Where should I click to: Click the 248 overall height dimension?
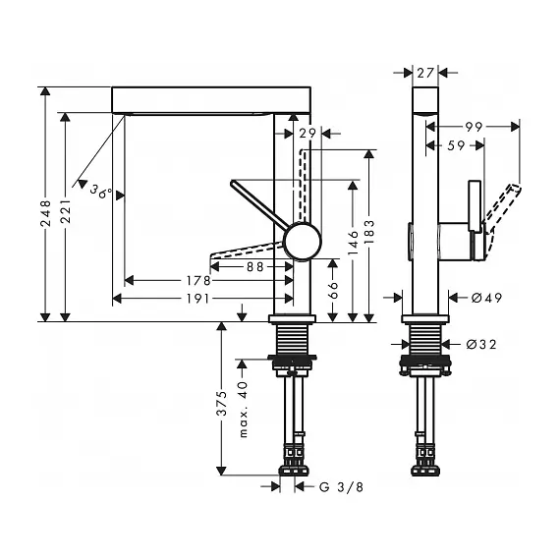(46, 213)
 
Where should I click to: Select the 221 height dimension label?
(66, 211)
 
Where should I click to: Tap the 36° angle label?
(101, 192)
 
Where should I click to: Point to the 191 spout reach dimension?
(197, 299)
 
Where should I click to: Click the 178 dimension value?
(198, 281)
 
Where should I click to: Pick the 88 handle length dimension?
(255, 267)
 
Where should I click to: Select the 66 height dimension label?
(332, 290)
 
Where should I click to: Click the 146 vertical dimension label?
(353, 243)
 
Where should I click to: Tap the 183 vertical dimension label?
(369, 232)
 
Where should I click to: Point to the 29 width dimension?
(308, 134)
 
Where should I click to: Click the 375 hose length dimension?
(222, 403)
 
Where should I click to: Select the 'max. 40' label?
(243, 410)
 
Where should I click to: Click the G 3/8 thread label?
(341, 486)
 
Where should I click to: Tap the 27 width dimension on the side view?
(425, 73)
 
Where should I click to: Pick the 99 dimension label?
(474, 127)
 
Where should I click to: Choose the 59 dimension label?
(456, 145)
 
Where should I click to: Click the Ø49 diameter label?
(486, 298)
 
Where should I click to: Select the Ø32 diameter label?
(481, 344)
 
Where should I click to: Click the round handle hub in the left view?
(303, 241)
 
